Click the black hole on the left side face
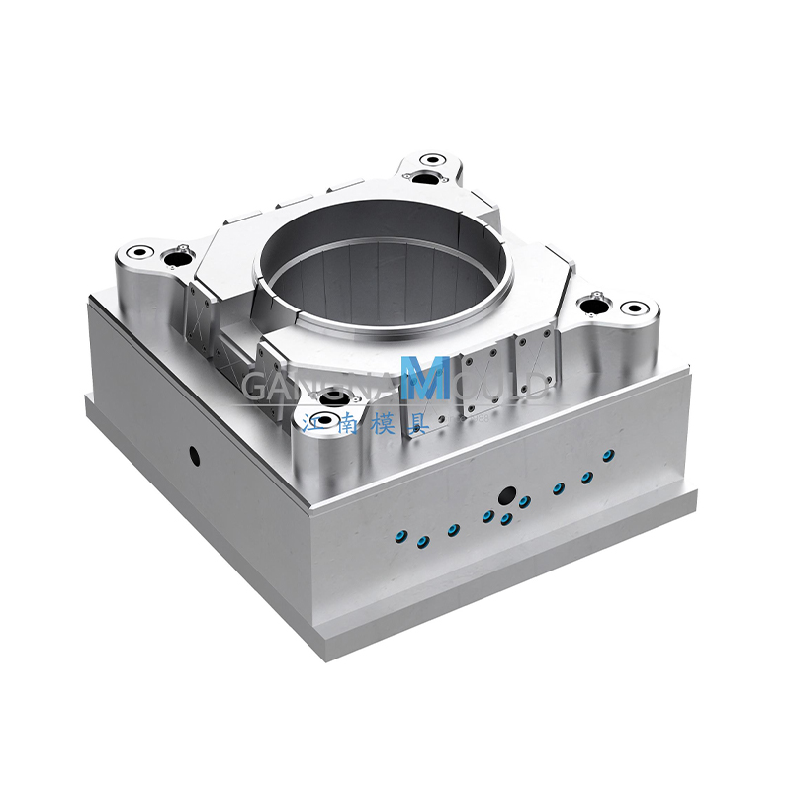[x=194, y=456]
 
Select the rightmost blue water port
[x=609, y=455]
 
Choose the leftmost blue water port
[x=399, y=535]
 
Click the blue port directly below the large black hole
[x=506, y=518]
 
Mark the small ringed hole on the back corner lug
[x=430, y=158]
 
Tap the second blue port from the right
[x=586, y=478]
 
